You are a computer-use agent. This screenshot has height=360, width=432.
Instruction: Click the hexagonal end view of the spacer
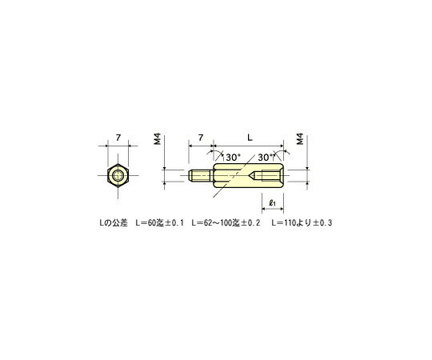[118, 177]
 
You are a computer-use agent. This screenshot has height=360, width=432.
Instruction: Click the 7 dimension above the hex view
[118, 138]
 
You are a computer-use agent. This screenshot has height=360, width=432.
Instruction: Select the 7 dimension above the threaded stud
[200, 138]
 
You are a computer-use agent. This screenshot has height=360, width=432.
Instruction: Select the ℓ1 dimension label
[272, 202]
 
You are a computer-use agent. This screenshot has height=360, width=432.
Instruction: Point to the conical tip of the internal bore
[253, 177]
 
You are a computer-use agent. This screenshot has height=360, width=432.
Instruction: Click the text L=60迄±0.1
[161, 222]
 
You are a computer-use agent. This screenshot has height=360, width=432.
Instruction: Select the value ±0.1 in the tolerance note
[174, 222]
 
